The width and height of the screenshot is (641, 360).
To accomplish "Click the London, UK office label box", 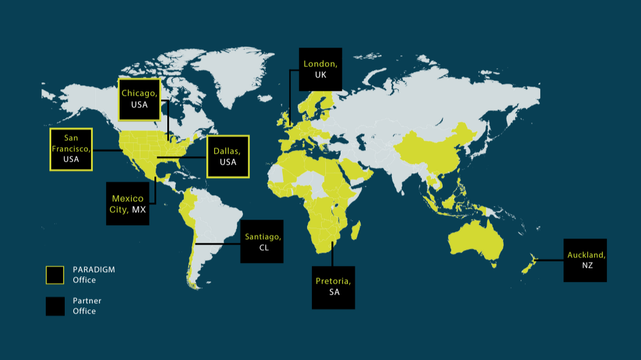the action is tap(320, 69).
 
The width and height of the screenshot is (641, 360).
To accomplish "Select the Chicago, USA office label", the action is tap(139, 99).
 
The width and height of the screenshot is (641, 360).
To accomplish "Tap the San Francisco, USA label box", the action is tap(71, 149).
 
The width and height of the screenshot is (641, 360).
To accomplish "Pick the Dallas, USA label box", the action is tap(228, 156).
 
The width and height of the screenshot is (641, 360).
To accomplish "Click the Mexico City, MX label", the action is tap(128, 203).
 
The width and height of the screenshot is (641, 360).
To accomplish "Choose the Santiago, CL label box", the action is tap(262, 241).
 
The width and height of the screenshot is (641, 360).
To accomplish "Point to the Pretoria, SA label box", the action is tap(333, 287).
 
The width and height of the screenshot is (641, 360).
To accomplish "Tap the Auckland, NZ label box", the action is tap(585, 260).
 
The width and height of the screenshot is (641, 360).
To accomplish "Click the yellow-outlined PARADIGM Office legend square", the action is tap(55, 275).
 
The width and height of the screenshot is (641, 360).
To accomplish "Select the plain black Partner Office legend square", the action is tap(55, 306).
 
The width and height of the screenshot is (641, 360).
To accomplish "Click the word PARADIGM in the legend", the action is tap(94, 269).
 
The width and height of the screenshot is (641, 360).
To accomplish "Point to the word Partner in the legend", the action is tap(87, 301).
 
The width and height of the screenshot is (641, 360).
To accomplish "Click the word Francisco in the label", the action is tap(71, 149).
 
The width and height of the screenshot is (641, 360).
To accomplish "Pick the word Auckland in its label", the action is tap(585, 254).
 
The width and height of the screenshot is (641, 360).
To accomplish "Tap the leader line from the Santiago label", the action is tap(217, 244).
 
